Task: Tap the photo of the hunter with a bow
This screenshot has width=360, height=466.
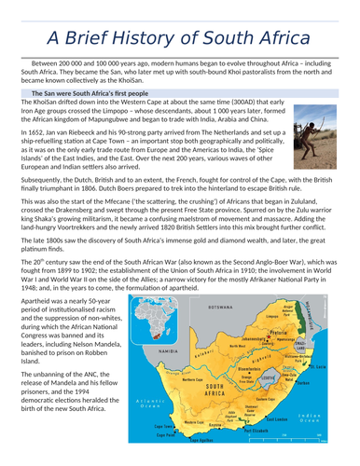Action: click(318, 130)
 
